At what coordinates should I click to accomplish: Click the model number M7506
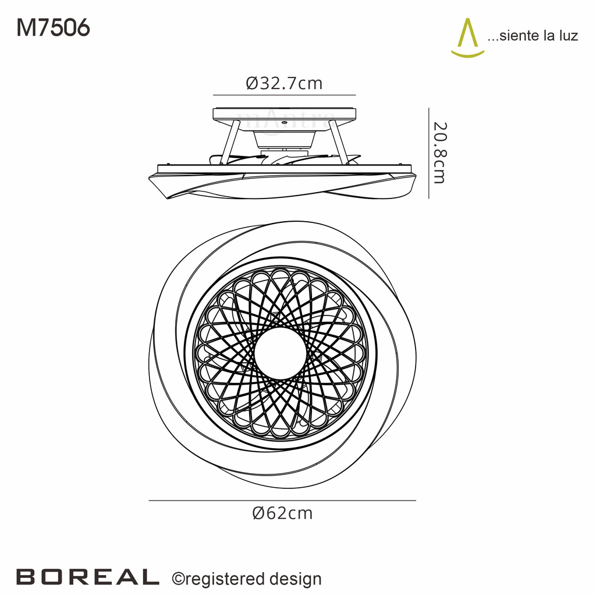point(53,27)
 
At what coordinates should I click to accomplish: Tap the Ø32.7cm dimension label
point(284,83)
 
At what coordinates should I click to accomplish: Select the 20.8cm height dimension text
point(439,152)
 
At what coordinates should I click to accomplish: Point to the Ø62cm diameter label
point(282,513)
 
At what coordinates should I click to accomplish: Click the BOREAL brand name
point(87,576)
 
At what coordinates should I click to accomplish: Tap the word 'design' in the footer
point(296,579)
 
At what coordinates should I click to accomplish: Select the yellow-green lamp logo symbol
point(467,38)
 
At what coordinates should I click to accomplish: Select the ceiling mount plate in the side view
point(284,115)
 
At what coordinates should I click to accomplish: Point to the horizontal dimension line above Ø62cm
point(282,501)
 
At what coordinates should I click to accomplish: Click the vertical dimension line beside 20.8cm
point(429,152)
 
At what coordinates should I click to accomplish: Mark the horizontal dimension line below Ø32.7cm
point(284,95)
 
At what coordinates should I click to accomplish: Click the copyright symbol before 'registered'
point(178,579)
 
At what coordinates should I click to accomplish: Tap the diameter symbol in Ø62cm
point(259,513)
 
